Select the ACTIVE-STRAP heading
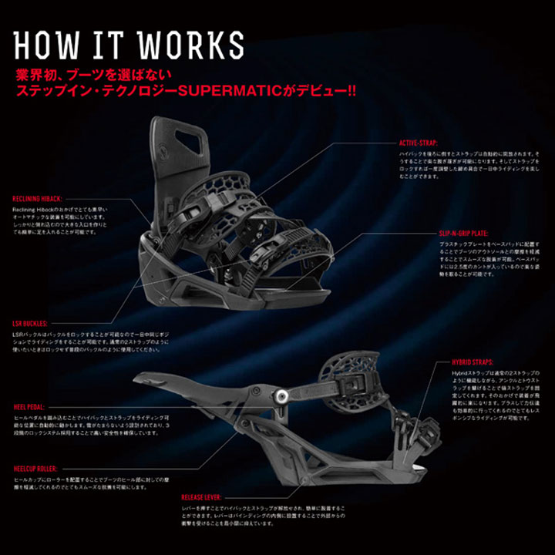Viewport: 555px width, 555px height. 419,143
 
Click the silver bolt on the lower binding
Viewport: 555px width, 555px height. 283,395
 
